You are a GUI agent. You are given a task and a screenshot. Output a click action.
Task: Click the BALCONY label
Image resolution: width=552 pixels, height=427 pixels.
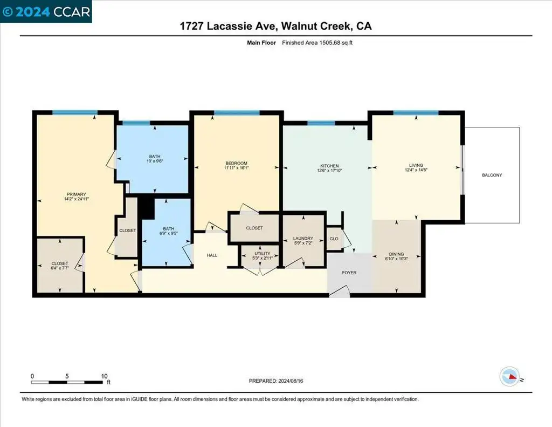[492, 175]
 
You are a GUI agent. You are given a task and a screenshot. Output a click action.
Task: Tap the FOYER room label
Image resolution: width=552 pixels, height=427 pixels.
[349, 273]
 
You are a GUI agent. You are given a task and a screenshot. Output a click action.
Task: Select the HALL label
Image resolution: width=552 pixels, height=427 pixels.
[212, 255]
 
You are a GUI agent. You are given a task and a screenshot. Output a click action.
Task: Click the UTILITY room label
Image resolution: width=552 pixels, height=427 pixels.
[263, 254]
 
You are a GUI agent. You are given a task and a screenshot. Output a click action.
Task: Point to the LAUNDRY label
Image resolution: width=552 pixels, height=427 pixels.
[303, 239]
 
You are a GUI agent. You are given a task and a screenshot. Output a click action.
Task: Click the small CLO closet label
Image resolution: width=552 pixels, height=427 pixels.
[334, 239]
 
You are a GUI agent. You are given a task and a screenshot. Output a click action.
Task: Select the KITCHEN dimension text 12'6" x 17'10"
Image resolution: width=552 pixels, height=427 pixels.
[329, 171]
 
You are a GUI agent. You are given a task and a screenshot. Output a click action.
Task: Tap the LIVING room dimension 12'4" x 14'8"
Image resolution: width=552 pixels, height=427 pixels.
[416, 170]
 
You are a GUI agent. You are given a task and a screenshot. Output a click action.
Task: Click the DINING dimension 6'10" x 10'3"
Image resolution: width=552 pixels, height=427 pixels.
[396, 259]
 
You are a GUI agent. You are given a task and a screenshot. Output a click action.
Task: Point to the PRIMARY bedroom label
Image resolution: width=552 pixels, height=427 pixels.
[77, 194]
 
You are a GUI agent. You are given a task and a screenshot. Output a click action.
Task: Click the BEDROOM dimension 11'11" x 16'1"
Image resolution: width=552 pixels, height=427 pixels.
[236, 168]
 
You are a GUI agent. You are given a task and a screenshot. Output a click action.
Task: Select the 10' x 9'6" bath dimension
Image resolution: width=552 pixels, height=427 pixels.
[155, 161]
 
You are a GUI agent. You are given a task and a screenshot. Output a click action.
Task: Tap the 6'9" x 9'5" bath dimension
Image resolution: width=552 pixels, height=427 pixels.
[169, 233]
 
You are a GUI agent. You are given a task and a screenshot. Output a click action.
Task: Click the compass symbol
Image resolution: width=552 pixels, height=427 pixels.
[510, 377]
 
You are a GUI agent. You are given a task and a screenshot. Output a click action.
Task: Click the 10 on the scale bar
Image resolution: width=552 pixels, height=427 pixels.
[104, 376]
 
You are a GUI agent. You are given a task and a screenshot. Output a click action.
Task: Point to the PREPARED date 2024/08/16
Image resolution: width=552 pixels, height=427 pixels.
[291, 381]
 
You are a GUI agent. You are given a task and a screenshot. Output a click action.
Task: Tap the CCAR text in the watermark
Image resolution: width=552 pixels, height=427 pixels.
[72, 12]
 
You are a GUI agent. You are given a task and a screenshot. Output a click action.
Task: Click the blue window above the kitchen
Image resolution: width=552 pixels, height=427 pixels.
[321, 123]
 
